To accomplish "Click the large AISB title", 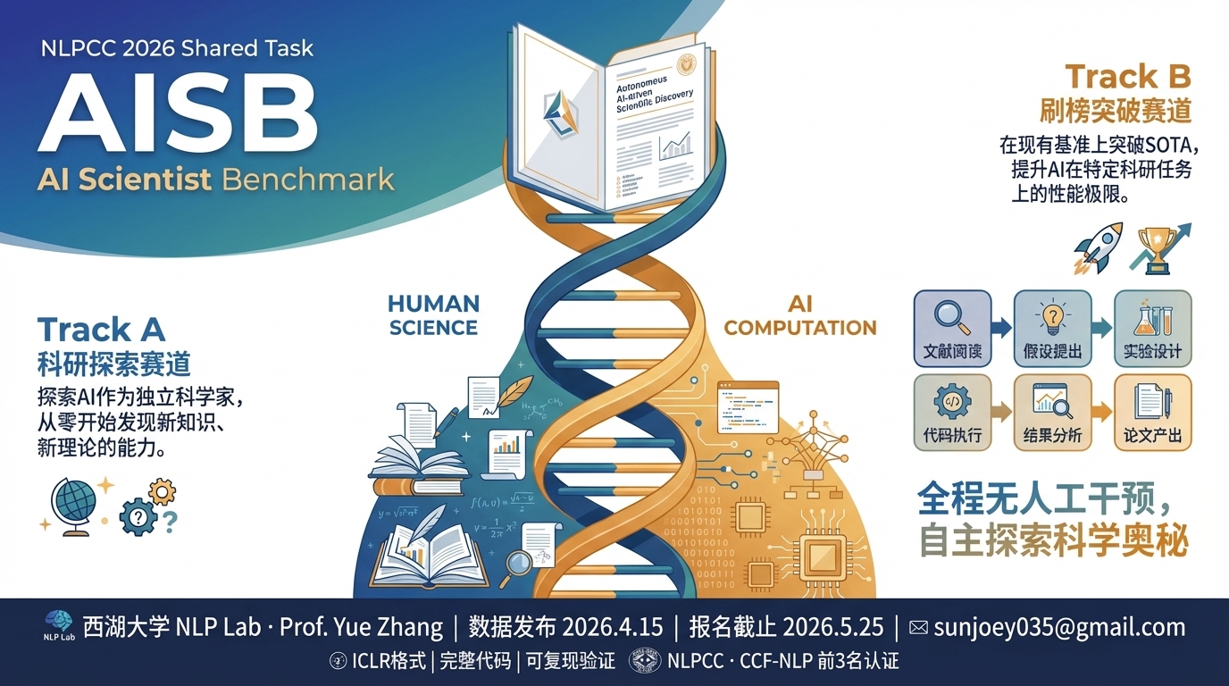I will pos(177,114).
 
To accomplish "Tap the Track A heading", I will pos(101,330).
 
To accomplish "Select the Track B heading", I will pos(1128,77).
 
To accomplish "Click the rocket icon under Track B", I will pos(1096,247).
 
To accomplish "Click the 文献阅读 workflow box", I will pos(952,328).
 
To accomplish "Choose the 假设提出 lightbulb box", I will pos(1052,328).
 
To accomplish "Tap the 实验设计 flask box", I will pos(1152,328).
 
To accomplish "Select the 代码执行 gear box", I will pos(952,412).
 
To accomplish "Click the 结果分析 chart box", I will pos(1052,412).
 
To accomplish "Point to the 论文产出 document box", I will pos(1152,412).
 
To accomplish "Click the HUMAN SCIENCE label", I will pos(434,315).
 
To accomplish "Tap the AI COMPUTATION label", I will pos(799,316).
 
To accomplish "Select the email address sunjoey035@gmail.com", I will pos(1059,627).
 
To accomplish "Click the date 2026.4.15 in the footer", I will pos(613,627).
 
